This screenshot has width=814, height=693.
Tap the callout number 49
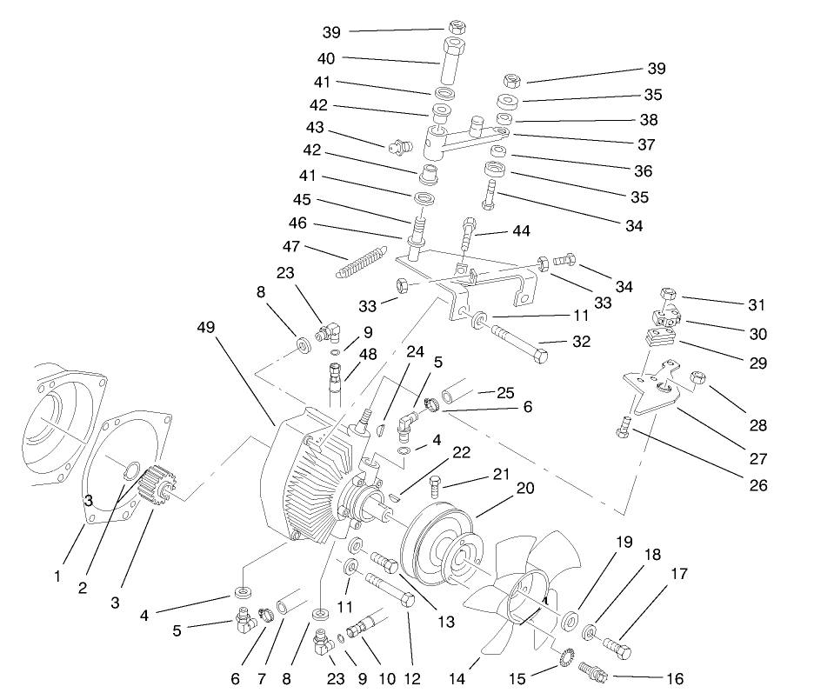point(205,327)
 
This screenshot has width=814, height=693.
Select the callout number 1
point(57,576)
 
